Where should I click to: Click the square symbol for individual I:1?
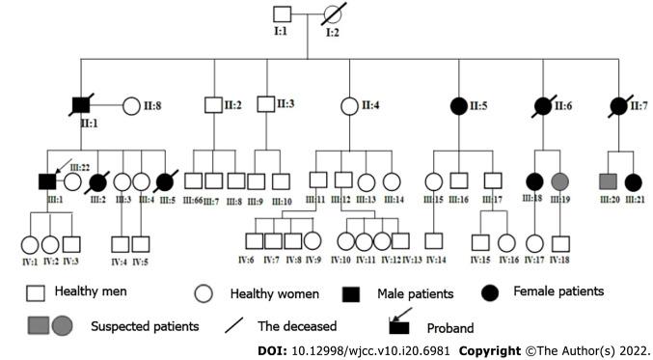coord(282,15)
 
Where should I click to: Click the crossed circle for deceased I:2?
coord(334,15)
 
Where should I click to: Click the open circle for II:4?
coord(349,104)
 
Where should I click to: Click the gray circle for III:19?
coord(559,180)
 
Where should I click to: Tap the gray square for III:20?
coord(607,180)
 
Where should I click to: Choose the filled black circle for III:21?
coord(633,180)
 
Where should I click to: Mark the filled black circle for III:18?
coord(533,180)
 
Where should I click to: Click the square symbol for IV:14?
coord(434,242)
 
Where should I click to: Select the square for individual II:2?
coord(213,104)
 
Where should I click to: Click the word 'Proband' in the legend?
coord(452,325)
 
